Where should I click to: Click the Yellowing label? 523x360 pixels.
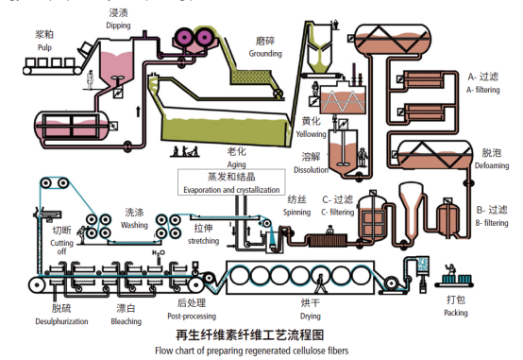312,134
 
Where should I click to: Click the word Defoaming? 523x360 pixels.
491,163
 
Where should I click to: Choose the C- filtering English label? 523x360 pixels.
338,212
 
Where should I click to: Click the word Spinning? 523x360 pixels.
297,212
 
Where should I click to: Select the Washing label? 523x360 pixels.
134,225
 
